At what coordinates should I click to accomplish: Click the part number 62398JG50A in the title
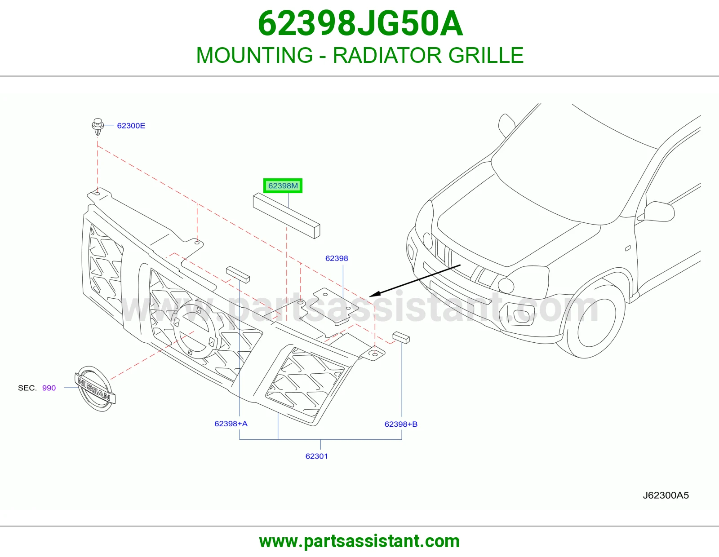pyautogui.click(x=360, y=24)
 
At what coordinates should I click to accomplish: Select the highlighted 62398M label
pyautogui.click(x=283, y=186)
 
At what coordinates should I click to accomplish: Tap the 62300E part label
pyautogui.click(x=131, y=126)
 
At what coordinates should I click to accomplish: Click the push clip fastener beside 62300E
pyautogui.click(x=98, y=126)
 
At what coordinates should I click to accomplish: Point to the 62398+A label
pyautogui.click(x=231, y=424)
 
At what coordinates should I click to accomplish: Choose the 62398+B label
pyautogui.click(x=401, y=424)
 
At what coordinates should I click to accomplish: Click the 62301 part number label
pyautogui.click(x=316, y=456)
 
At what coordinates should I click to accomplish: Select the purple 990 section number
pyautogui.click(x=49, y=388)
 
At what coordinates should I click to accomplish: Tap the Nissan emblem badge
pyautogui.click(x=95, y=389)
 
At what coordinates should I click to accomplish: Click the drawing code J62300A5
pyautogui.click(x=666, y=495)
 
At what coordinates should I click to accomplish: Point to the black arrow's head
pyautogui.click(x=373, y=295)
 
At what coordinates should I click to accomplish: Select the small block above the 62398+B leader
pyautogui.click(x=401, y=338)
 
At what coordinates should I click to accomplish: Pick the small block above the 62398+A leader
pyautogui.click(x=238, y=274)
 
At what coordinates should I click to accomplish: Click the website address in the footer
pyautogui.click(x=359, y=541)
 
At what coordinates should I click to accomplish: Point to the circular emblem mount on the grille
pyautogui.click(x=194, y=331)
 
